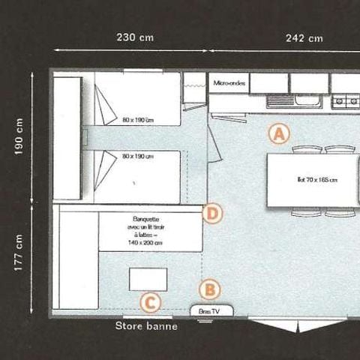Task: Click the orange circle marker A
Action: pos(278,134)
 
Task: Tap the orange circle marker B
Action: pos(211,289)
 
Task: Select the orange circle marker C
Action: pos(151,302)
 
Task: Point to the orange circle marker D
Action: pos(213,214)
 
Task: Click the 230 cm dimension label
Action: pos(131,37)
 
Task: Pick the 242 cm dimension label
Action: pos(304,37)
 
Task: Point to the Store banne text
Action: pos(146,326)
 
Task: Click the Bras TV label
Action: pos(205,310)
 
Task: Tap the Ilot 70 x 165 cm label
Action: pos(313,180)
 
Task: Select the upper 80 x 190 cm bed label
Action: pos(139,118)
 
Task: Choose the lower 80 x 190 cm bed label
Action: pos(139,157)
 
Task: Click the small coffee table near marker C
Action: pos(148,279)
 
